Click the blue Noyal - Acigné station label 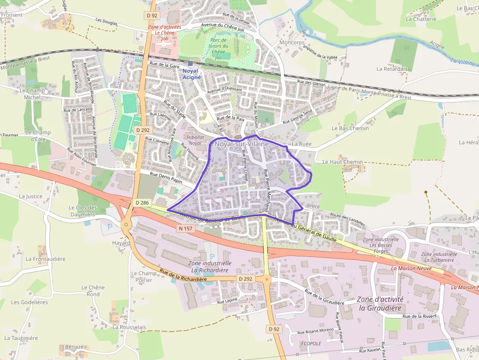pos(191,74)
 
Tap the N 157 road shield pos(186,228)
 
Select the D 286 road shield pos(142,203)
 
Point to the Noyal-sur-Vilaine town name pos(241,144)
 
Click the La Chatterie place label pos(421,19)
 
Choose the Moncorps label pos(292,42)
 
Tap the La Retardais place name pos(392,69)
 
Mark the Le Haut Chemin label pos(342,162)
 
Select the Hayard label pos(121,243)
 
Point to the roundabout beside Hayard pos(127,225)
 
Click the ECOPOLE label pos(311,343)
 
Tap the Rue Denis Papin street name pos(166,177)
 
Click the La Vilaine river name pos(463,62)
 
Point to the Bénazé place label pos(74,346)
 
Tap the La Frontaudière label pos(45,259)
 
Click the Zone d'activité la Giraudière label pos(380,303)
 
